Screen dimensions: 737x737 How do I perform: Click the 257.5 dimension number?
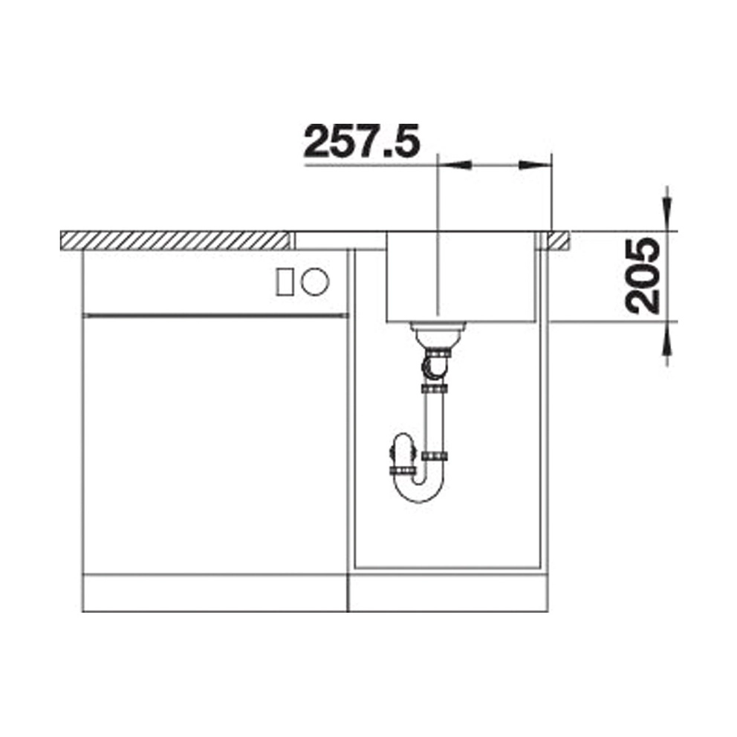tap(361, 142)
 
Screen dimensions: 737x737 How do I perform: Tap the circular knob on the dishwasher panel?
tap(315, 282)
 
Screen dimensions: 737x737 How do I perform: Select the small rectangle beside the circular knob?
tap(285, 282)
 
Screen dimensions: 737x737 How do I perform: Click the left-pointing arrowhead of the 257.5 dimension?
tap(454, 164)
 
